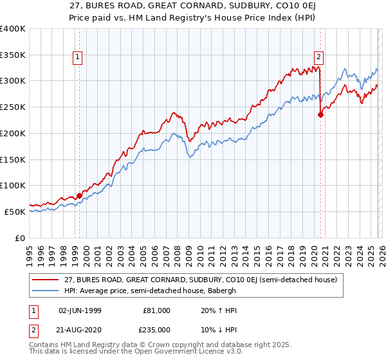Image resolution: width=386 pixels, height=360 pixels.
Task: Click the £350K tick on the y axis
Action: coord(13,55)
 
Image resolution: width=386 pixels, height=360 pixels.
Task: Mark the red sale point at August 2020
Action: coord(320,115)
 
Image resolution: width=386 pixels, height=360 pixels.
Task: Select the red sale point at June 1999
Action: coord(79,195)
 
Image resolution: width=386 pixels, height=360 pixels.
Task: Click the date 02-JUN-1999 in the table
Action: coord(79,310)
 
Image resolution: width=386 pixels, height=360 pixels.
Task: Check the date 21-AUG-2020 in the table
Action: coord(79,329)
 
